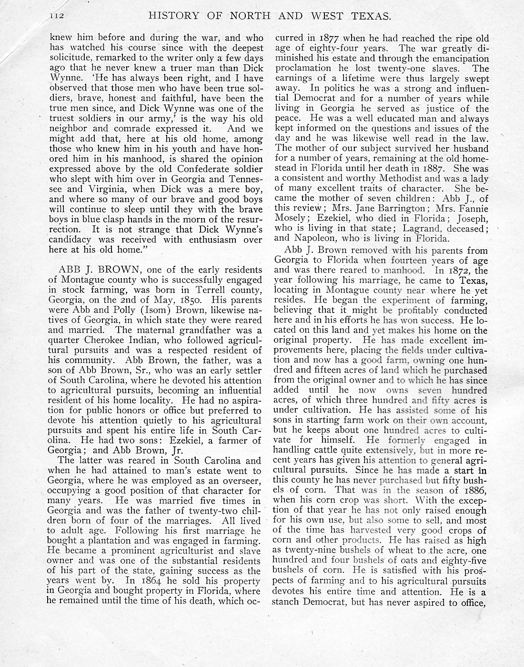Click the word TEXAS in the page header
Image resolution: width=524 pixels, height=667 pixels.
coord(367,16)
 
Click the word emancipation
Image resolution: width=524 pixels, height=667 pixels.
coord(457,59)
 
